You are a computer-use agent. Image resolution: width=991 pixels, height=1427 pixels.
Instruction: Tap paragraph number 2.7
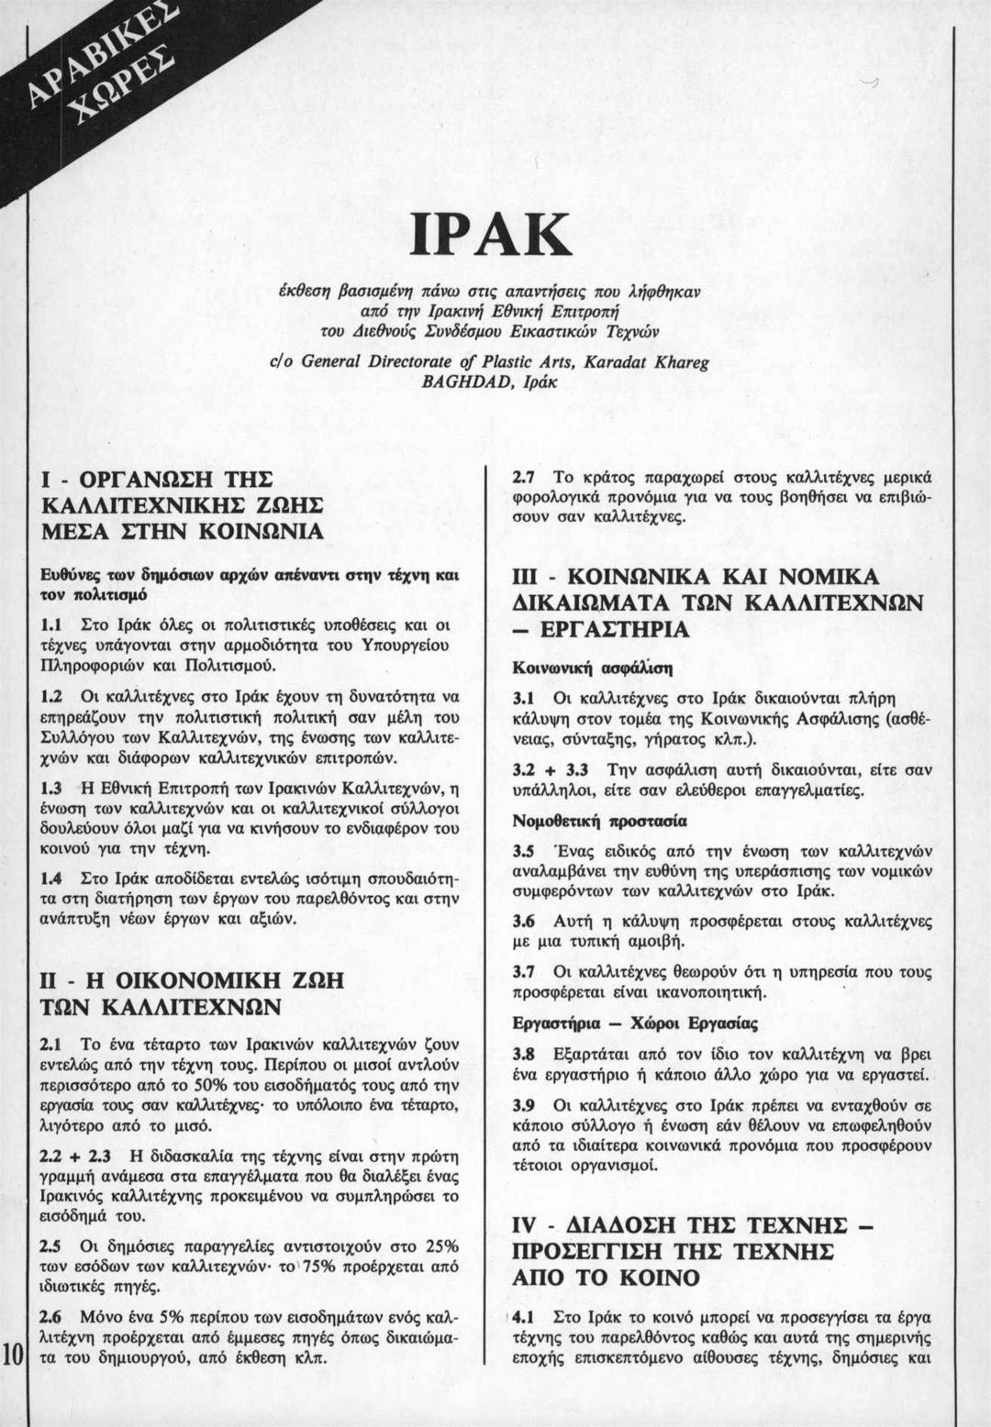[522, 477]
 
